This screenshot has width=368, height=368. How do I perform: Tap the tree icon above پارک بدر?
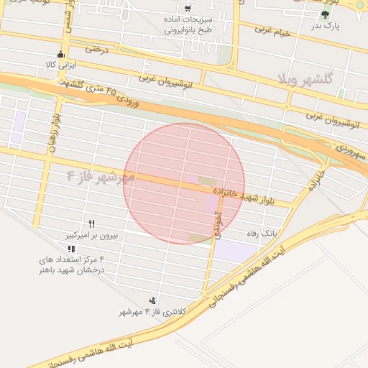coord(326,14)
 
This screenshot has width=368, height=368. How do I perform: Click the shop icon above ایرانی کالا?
coord(60,54)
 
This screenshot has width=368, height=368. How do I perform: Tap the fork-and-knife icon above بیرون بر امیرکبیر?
coord(91,224)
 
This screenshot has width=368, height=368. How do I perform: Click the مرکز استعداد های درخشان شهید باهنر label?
coord(72,263)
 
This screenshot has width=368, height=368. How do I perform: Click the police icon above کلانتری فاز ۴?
coord(152,299)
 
